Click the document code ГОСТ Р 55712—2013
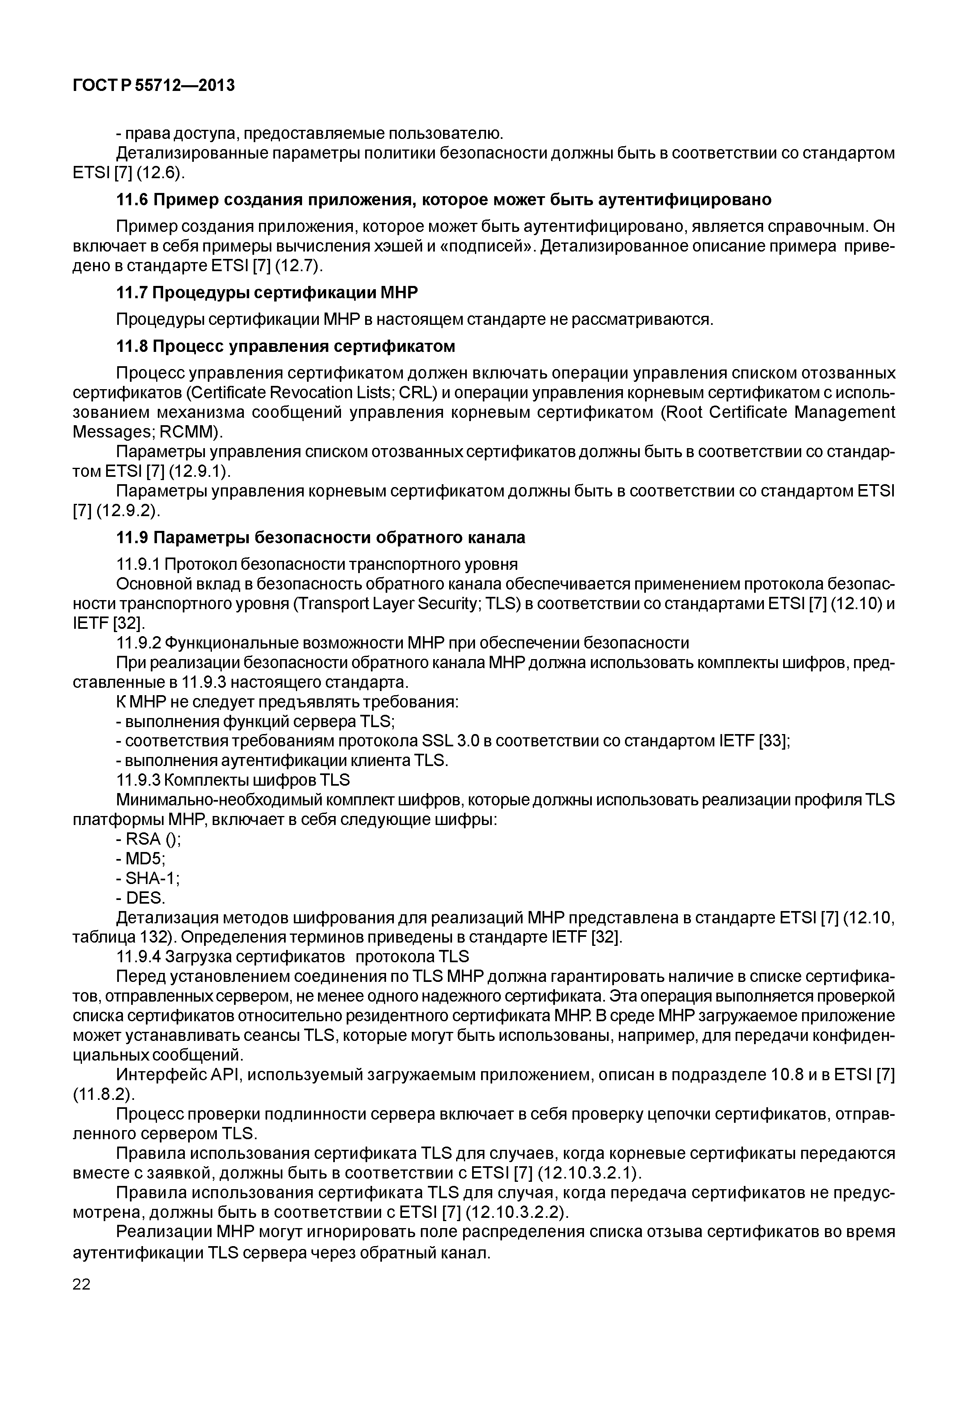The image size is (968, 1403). [153, 86]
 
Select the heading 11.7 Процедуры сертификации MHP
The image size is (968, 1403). [267, 293]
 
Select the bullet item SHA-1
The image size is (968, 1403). [152, 878]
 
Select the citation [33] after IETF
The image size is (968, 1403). [774, 741]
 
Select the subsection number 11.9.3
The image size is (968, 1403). [138, 780]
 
